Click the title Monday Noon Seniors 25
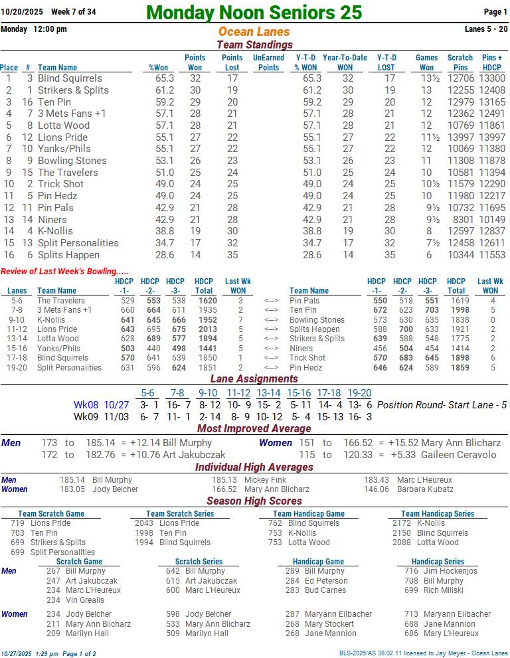tap(254, 12)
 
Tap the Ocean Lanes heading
tap(254, 32)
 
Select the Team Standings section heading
tap(254, 44)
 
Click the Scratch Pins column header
tap(460, 62)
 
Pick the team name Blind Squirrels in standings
tap(70, 78)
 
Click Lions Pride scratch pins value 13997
tap(460, 137)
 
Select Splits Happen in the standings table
tap(68, 255)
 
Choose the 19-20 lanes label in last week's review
tap(17, 367)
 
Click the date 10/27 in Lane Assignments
tap(116, 405)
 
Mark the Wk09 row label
tap(86, 417)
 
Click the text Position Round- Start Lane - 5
tap(442, 405)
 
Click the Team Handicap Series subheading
tap(437, 514)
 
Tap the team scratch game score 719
tap(17, 523)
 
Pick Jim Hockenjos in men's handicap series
tap(450, 571)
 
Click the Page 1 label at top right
tap(495, 12)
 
